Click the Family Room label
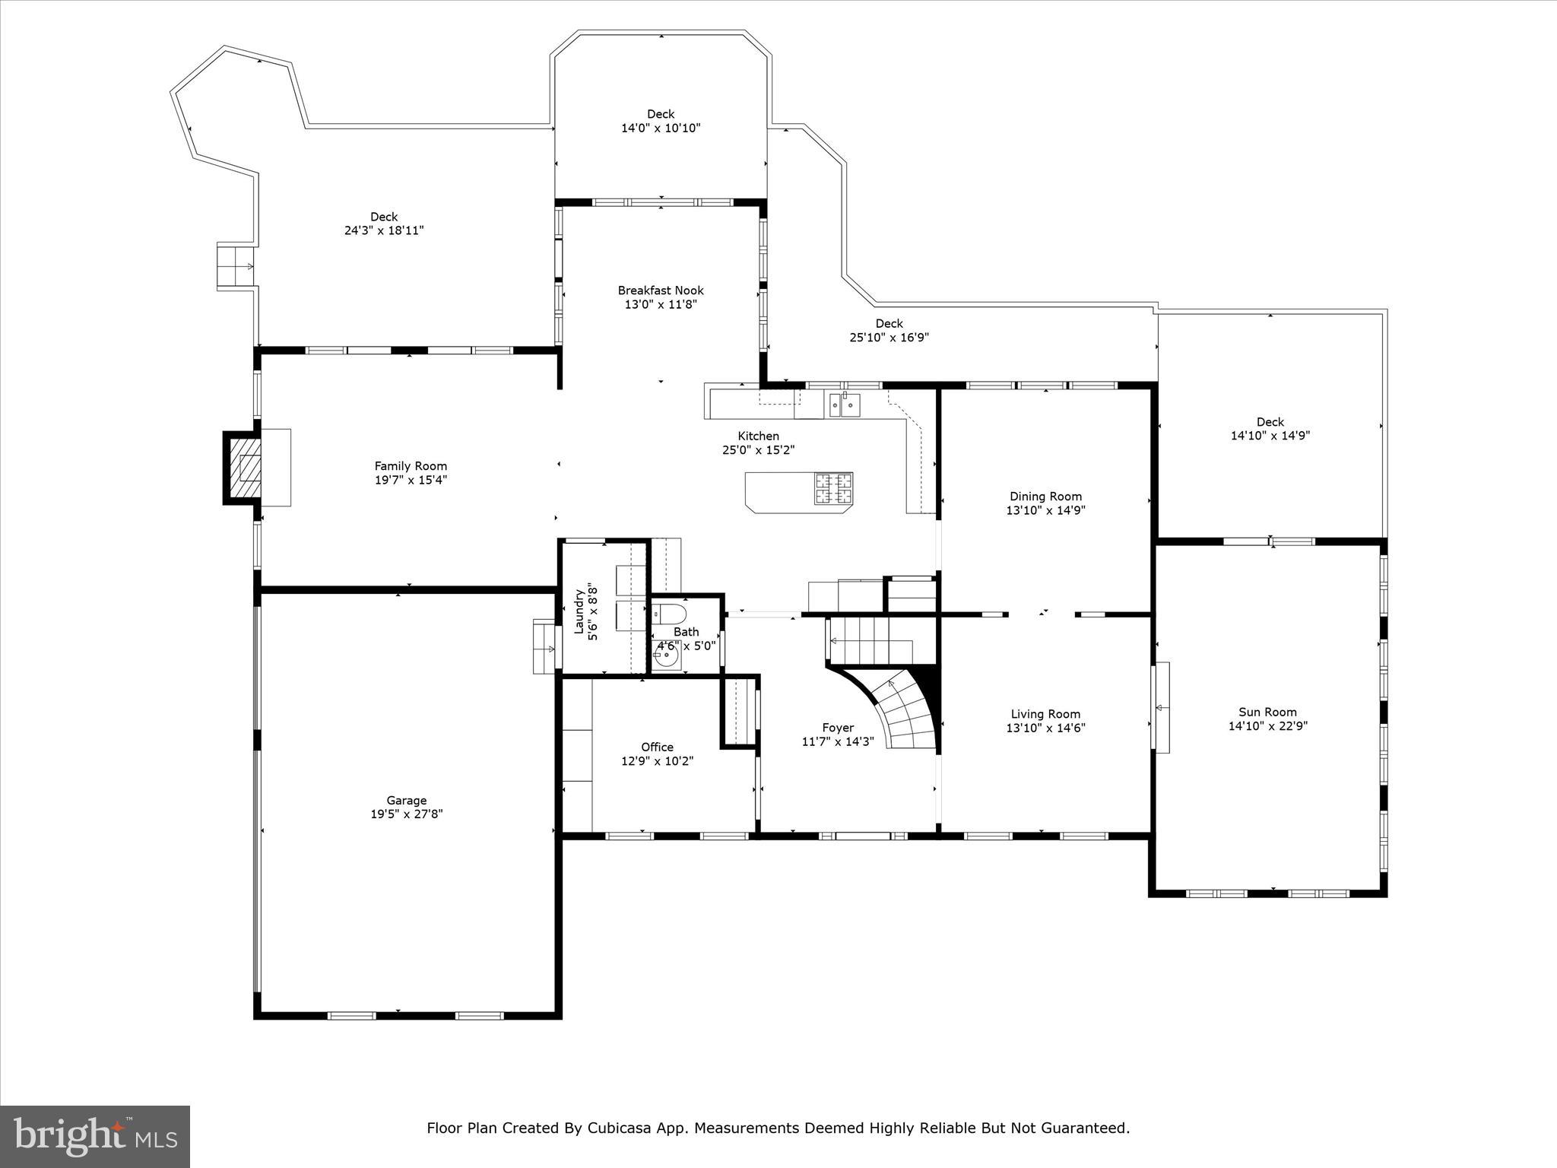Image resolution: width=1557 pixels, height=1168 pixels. point(411,466)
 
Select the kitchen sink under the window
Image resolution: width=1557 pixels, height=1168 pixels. point(845,405)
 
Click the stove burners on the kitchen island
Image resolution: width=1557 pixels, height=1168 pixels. point(834,488)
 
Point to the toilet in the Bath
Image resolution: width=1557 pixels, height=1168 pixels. point(669,614)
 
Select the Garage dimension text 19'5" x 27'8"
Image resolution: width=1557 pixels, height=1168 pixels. point(406,814)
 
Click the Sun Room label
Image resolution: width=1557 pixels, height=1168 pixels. point(1267,713)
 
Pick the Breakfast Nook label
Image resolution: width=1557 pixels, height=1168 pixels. point(661,290)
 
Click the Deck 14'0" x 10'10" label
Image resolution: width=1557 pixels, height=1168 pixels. point(661,121)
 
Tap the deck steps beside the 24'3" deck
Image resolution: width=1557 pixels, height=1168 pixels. point(236,266)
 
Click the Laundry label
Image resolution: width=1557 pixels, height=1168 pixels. point(579,611)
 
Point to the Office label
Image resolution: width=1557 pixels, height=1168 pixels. point(657,747)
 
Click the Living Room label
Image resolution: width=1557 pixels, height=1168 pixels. point(1045,714)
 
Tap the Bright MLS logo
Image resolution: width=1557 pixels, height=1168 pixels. point(94,1136)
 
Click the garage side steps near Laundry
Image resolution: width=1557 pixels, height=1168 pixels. point(544,647)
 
